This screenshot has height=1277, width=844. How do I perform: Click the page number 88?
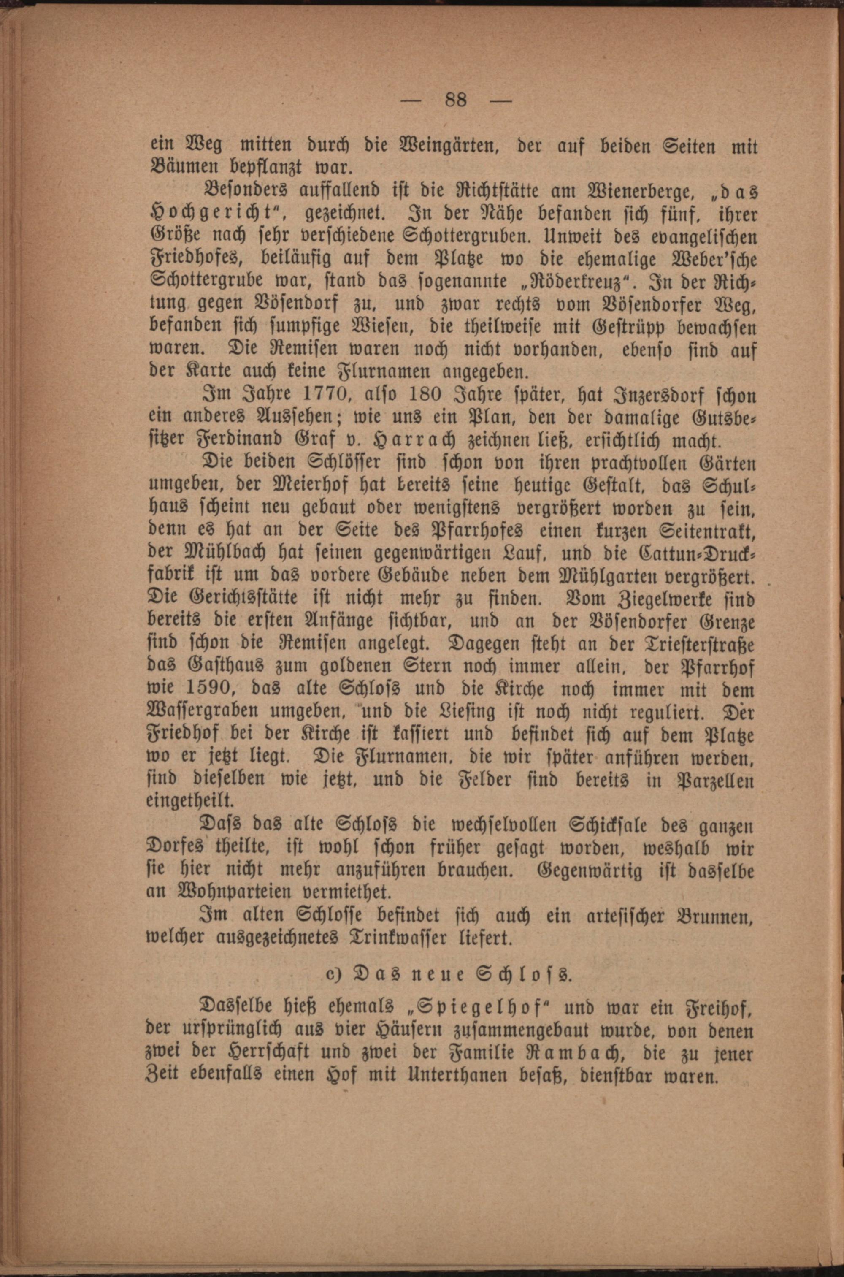coord(456,100)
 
